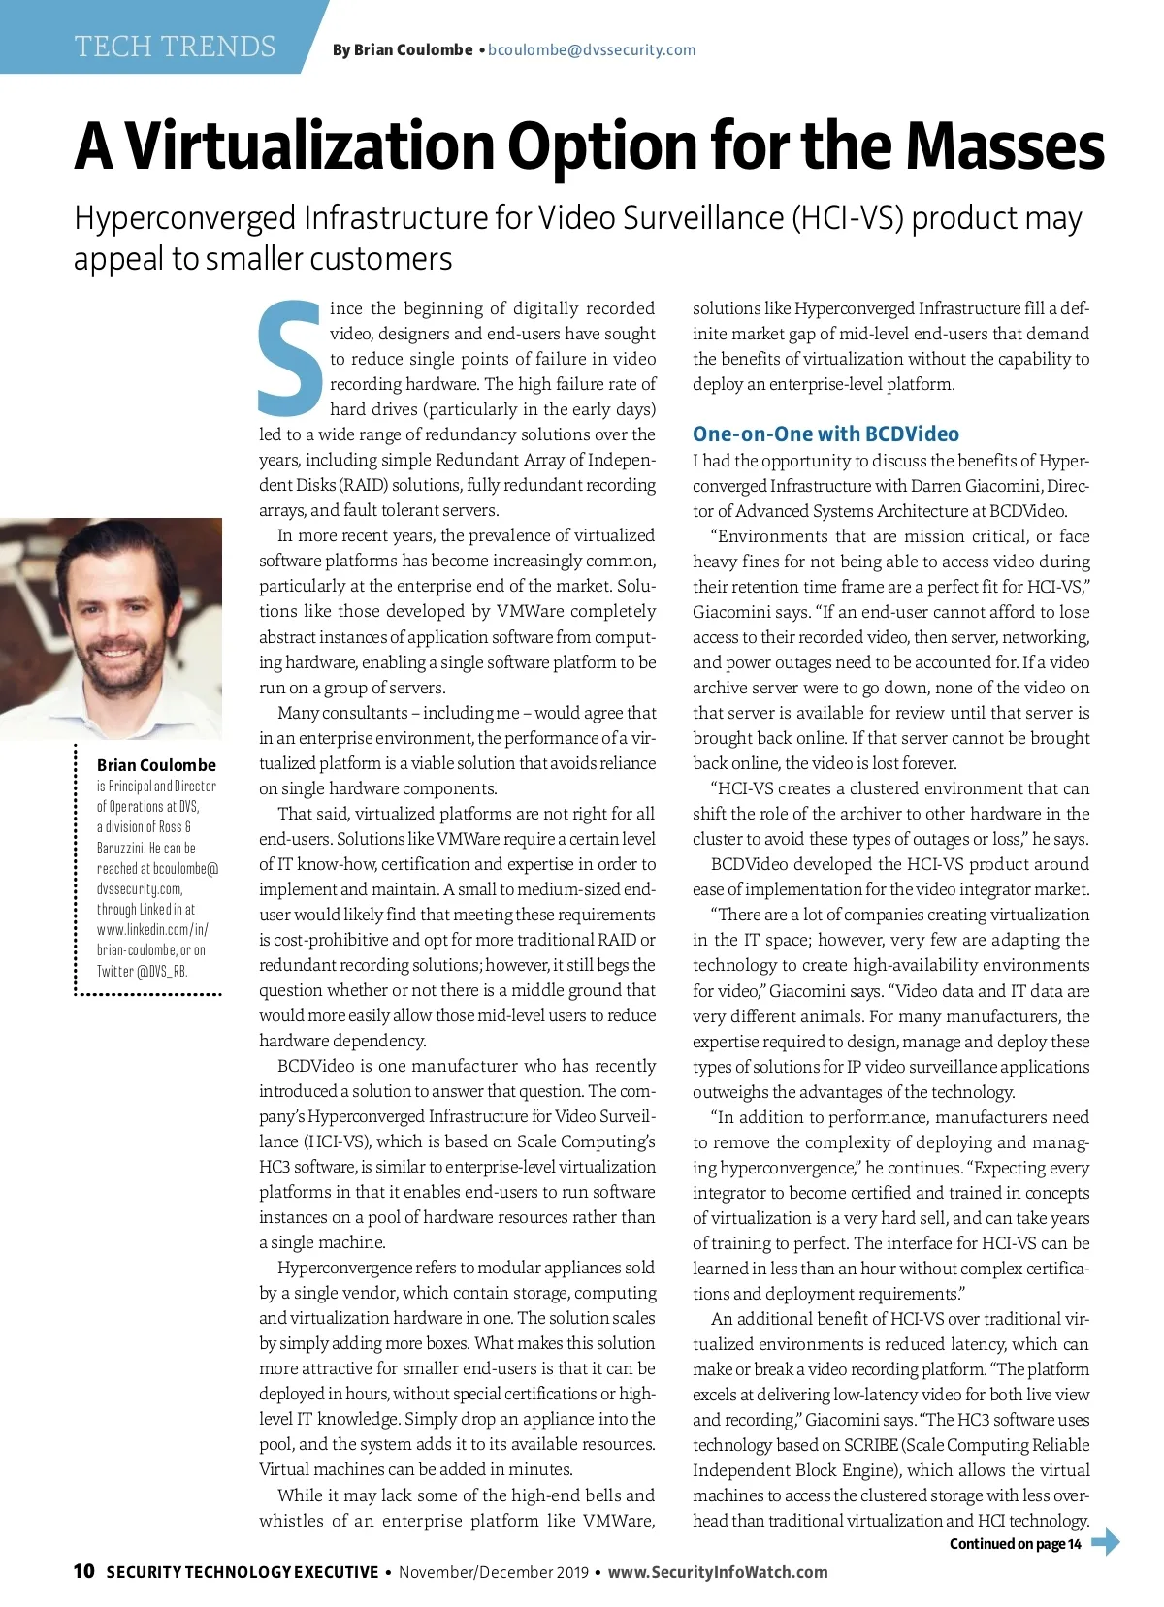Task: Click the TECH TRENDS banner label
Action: tap(176, 47)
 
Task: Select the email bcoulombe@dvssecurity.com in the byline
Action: tap(592, 50)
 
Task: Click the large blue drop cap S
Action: tap(290, 358)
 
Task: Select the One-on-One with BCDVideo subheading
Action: tap(825, 434)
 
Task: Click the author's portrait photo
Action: tap(111, 628)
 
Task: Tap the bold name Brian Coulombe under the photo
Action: tap(156, 765)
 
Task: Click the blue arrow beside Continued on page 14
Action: tap(1106, 1542)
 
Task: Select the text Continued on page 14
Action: tap(1015, 1544)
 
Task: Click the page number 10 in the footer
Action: tap(84, 1571)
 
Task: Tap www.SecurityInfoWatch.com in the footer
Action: tap(718, 1572)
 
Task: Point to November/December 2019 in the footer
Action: tap(494, 1572)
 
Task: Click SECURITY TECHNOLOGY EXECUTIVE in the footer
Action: tap(242, 1572)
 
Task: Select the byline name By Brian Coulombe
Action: tap(403, 50)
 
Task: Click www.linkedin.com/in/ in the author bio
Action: tap(152, 930)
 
